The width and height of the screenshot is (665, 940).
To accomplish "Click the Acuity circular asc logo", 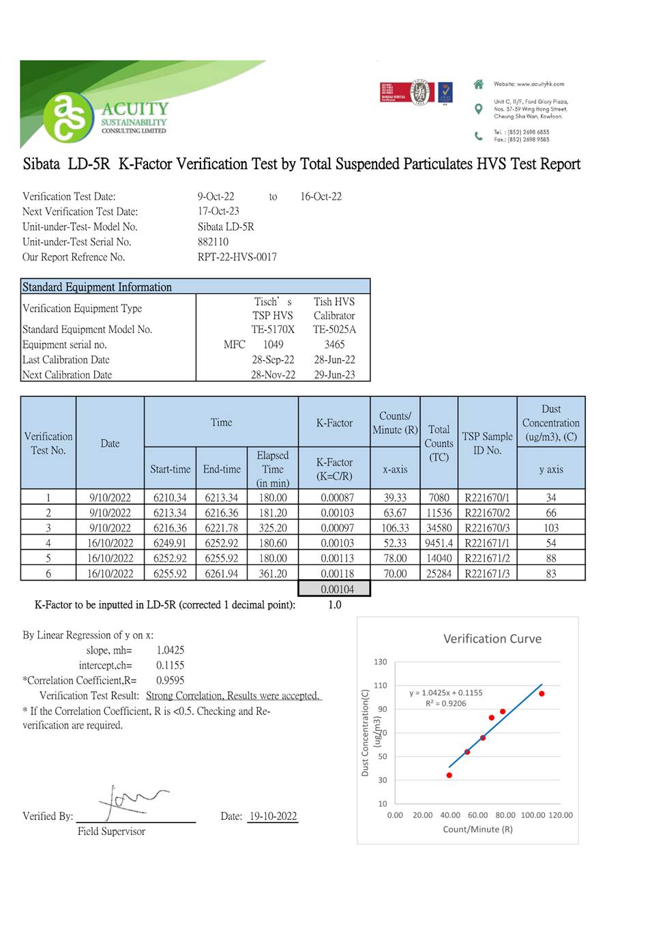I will click(69, 117).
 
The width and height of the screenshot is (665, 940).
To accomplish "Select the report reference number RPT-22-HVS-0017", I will click(237, 257).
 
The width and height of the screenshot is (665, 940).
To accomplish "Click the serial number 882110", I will click(213, 242).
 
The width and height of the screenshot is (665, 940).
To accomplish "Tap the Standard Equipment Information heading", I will click(97, 287).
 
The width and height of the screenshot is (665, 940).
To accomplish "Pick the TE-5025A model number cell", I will click(334, 329).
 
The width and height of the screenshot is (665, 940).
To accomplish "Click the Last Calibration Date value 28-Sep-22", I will click(273, 360).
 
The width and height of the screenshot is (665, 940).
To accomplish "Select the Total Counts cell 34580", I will click(439, 528).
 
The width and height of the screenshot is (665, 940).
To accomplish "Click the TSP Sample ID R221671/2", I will click(487, 559).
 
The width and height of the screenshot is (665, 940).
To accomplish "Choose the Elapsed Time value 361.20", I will click(273, 574).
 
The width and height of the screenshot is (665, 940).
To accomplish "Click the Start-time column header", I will click(171, 469).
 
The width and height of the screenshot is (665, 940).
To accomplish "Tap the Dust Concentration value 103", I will click(551, 528).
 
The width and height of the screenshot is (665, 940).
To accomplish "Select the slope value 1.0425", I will click(171, 650).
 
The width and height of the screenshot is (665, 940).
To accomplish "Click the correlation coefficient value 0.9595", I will click(171, 681).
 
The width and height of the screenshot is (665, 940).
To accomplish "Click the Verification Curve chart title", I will click(492, 639).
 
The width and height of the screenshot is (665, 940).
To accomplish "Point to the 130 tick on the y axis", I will click(381, 662).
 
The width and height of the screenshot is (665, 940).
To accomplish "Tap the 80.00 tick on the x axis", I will click(505, 815).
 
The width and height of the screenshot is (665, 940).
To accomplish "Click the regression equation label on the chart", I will click(446, 693).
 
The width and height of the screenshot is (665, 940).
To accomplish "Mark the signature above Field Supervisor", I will click(130, 802).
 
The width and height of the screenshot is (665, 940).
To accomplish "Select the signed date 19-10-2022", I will click(273, 817).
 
